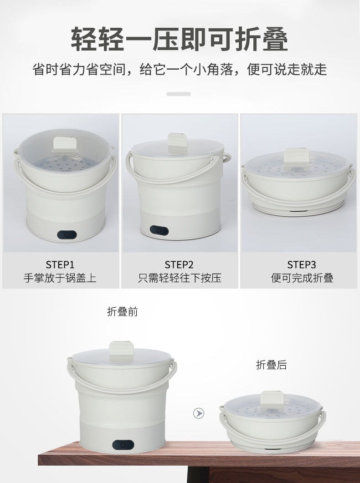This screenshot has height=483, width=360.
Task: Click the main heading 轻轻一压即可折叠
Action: tap(180, 40)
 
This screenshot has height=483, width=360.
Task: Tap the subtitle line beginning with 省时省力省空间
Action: tap(180, 70)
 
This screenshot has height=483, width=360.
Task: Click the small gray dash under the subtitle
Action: tap(179, 94)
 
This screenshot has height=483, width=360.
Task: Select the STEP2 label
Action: tap(179, 264)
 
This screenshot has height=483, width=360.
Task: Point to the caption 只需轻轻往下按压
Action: tap(179, 278)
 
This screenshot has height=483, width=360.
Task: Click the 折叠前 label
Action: tap(122, 312)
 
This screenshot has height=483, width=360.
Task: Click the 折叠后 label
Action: tap(271, 365)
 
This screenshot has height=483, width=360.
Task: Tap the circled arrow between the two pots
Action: tap(199, 413)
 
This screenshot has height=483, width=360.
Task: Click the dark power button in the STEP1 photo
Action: tap(67, 235)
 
